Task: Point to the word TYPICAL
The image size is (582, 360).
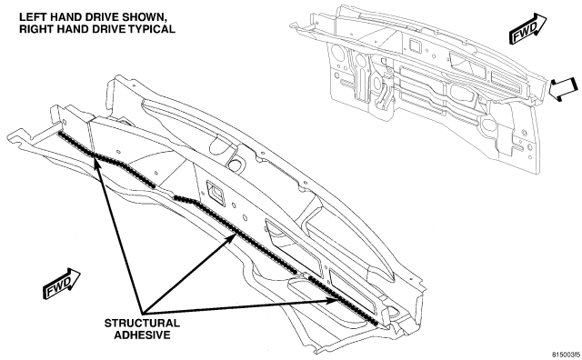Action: (x=152, y=29)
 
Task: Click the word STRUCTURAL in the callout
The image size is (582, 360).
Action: (x=142, y=324)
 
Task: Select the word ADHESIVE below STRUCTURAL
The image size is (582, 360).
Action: (x=142, y=335)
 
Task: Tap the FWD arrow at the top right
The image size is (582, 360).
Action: (x=528, y=28)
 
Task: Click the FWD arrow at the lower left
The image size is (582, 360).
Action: (x=62, y=284)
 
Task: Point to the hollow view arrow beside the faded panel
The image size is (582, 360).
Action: (x=563, y=89)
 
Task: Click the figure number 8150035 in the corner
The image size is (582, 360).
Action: (x=566, y=355)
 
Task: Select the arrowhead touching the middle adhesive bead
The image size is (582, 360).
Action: (x=230, y=239)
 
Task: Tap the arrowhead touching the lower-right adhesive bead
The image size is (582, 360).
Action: (x=334, y=300)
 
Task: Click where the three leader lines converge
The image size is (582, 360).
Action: (x=143, y=311)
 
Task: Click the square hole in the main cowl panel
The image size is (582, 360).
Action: (x=215, y=192)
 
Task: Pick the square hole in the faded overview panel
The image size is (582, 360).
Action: (x=415, y=45)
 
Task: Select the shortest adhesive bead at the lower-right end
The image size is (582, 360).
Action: (x=344, y=300)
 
